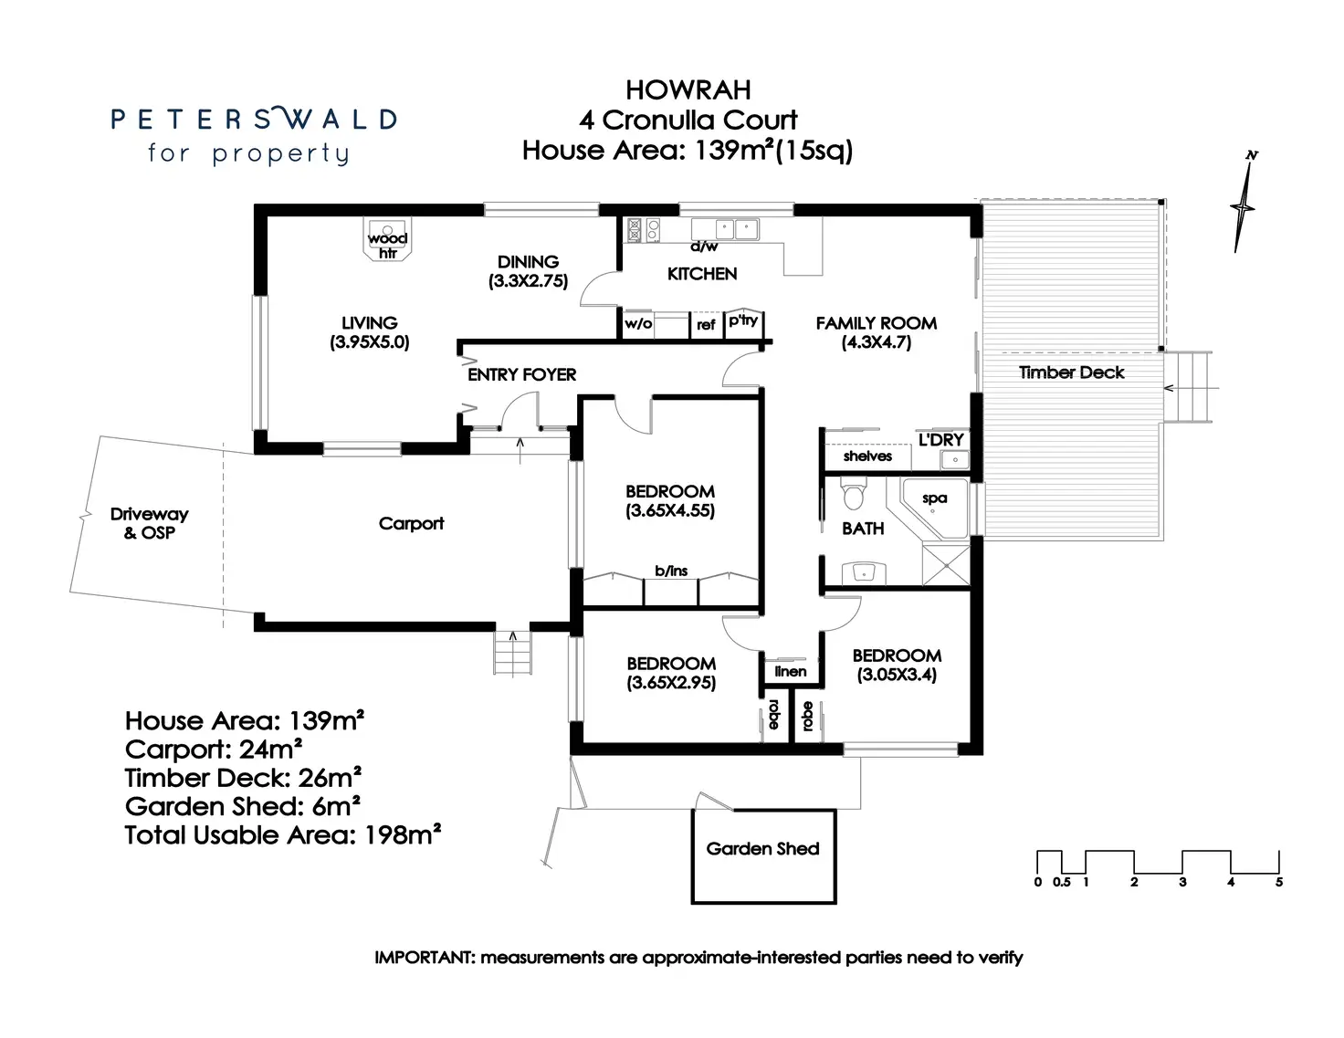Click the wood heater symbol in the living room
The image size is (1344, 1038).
388,240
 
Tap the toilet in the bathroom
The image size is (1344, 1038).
854,496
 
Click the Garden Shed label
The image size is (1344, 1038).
762,849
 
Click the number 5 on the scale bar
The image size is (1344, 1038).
1279,882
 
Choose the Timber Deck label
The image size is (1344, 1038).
1071,372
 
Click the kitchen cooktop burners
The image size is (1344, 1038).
644,230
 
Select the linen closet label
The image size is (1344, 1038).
791,671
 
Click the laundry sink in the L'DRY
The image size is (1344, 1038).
954,460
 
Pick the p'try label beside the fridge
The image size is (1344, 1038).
743,320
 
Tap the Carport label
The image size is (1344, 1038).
411,524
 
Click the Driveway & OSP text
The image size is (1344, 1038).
149,523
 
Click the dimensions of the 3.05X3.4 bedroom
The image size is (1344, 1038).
897,675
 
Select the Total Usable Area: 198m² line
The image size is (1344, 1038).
283,835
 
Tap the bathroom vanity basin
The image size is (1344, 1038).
864,572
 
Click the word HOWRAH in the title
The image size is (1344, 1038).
688,90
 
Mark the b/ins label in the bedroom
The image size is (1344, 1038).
671,571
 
